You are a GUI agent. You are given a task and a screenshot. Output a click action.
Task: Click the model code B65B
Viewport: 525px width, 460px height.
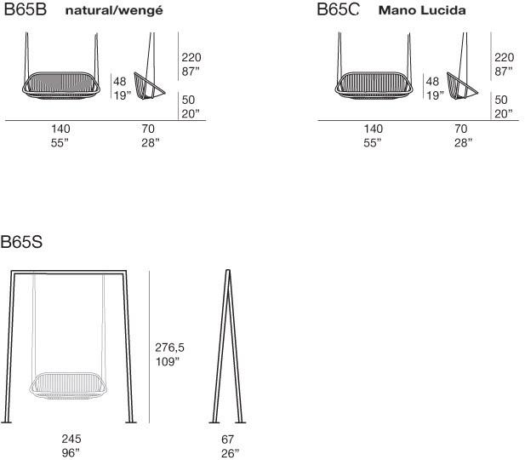click(x=26, y=9)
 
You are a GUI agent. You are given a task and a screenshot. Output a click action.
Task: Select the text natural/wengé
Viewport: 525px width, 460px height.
click(x=114, y=11)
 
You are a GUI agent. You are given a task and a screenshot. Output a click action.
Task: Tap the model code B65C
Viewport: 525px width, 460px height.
click(x=338, y=9)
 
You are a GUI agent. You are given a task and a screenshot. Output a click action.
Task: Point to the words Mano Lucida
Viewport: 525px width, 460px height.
click(x=422, y=10)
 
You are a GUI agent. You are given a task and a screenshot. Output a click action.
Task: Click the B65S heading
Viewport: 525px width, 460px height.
click(x=21, y=242)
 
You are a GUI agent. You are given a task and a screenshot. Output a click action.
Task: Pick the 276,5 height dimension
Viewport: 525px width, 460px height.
click(x=169, y=348)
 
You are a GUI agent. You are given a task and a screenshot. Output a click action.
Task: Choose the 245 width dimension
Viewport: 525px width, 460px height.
click(x=71, y=439)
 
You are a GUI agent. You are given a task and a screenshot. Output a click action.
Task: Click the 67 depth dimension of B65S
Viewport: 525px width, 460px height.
click(x=228, y=440)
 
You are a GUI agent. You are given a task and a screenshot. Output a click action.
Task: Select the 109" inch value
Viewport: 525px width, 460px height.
click(x=168, y=362)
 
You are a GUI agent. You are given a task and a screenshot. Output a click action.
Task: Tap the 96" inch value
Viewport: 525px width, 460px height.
click(x=71, y=453)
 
